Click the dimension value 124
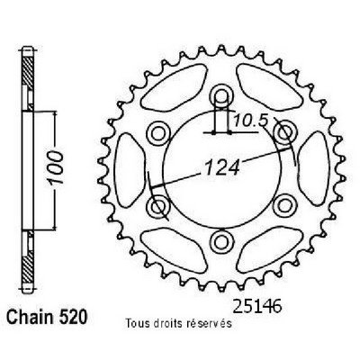click(222, 167)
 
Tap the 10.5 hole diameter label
click(250, 121)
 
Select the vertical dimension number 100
click(56, 167)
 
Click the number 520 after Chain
click(73, 317)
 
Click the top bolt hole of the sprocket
click(221, 95)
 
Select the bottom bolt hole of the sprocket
click(221, 241)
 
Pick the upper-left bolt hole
click(158, 132)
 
